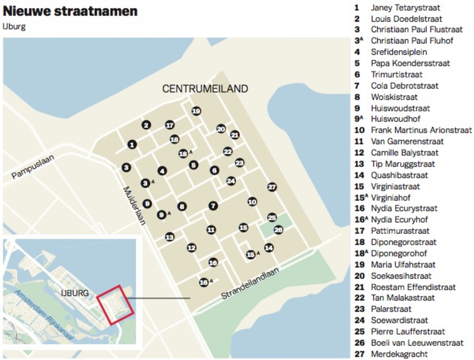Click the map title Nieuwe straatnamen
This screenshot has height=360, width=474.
70,11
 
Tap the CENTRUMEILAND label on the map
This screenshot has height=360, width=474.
205,89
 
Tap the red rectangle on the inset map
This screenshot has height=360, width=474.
115,305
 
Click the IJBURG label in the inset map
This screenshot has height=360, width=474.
75,293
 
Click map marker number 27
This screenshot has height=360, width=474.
272,187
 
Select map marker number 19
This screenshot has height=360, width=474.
196,111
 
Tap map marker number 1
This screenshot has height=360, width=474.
132,145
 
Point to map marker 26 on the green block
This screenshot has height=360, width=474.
278,230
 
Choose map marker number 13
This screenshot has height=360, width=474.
170,237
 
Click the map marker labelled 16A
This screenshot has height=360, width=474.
204,282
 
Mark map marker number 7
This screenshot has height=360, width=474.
213,206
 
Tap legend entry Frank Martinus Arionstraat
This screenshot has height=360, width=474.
421,130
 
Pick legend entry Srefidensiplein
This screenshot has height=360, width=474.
399,52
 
